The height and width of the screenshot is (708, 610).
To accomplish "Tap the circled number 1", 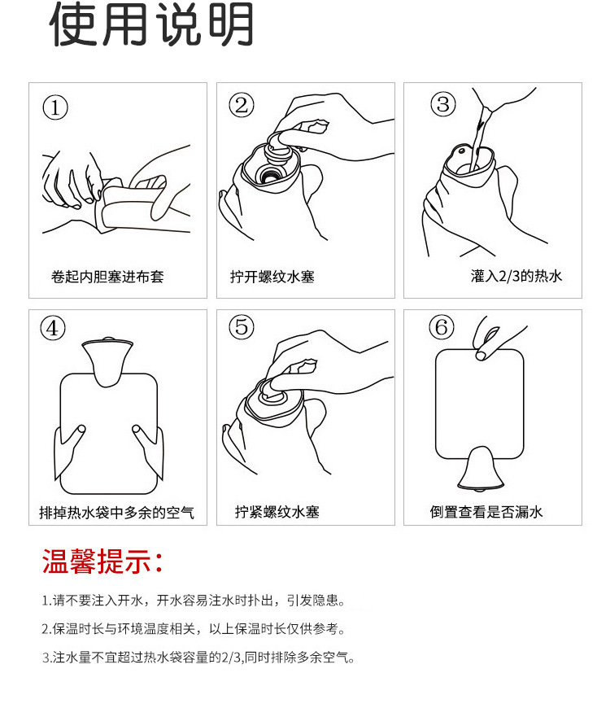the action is coord(55,108).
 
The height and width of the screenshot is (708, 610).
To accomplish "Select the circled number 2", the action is coord(242,105).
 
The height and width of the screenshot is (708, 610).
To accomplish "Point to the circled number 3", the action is coord(443,104).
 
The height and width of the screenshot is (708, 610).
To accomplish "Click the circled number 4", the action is coord(53,328).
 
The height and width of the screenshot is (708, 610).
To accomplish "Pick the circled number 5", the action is coord(242,326).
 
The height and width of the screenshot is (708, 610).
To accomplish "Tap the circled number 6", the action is coord(442,326).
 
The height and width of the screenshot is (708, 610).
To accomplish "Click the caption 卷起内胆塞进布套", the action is coord(107,277).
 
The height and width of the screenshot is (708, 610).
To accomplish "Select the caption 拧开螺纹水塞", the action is coord(272,277).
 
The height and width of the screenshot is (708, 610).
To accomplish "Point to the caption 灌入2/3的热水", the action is coord(516,275).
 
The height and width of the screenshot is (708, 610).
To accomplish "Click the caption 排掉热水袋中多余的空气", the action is coord(117,513).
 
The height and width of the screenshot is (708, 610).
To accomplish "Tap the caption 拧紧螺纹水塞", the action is coord(277,512).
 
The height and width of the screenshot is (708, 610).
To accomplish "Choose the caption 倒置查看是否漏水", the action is coord(486,512).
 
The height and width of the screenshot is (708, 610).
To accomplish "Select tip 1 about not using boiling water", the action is coord(194,600).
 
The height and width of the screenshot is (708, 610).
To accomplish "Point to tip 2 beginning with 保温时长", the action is coord(193,628).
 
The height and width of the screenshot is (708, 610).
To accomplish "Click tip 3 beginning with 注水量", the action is coord(198,657).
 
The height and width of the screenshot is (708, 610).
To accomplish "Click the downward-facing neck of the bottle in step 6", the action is coord(481,469).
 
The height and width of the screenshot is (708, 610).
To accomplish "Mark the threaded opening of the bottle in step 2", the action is coord(270,174).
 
